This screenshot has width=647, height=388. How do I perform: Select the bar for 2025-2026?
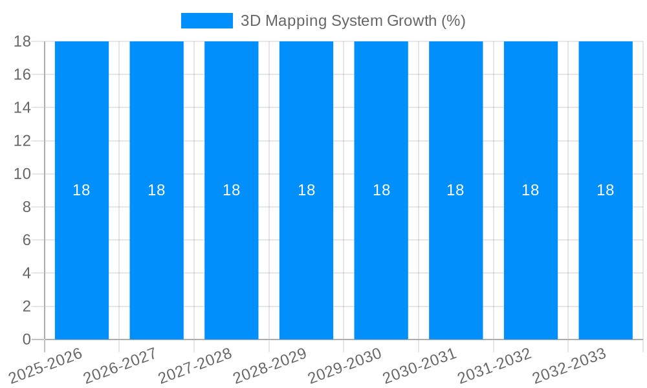[82, 259]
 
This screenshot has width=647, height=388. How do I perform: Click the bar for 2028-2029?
[306, 259]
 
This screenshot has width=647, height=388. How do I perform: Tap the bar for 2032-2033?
[606, 259]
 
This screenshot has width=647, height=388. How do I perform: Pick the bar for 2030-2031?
[455, 259]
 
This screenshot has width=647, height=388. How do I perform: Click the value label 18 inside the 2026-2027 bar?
[157, 190]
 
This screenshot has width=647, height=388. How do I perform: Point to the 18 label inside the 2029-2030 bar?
[381, 190]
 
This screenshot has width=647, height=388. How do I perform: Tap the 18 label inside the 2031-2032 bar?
[531, 190]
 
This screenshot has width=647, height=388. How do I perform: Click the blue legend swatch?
[206, 21]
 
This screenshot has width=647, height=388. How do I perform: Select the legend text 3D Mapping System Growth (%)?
[353, 21]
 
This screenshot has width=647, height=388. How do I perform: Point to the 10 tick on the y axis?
[22, 174]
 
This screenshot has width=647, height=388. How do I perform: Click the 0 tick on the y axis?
[27, 339]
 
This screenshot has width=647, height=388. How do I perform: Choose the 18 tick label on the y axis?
[22, 41]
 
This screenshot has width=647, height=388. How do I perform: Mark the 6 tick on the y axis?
[27, 240]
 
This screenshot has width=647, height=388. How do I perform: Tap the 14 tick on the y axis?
[22, 107]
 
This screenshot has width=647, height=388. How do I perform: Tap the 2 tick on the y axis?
[27, 307]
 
